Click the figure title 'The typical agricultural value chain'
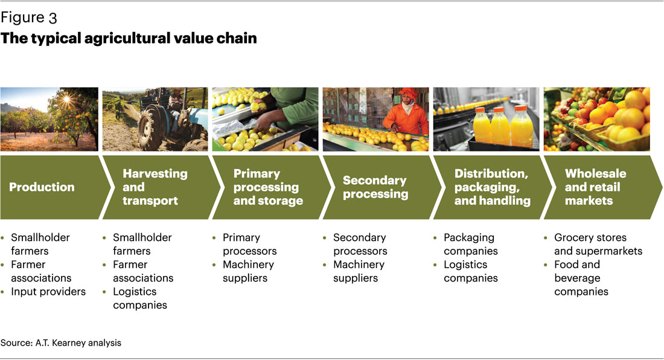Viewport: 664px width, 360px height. [x=129, y=38]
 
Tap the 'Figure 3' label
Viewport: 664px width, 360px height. [x=29, y=18]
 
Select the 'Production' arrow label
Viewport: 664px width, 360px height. [x=42, y=187]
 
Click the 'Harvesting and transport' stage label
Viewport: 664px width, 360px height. [x=155, y=187]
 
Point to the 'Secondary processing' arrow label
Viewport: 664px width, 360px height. [x=375, y=187]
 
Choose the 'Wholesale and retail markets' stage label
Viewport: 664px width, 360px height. [x=595, y=187]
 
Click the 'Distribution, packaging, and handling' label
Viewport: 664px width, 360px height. [x=492, y=187]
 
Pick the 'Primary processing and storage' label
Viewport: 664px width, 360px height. [x=268, y=187]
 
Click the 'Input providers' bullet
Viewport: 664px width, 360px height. [x=48, y=291]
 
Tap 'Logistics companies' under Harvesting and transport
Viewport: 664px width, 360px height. [x=140, y=298]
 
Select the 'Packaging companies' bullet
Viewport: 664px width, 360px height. [x=470, y=244]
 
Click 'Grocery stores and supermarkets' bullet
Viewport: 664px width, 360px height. [x=598, y=244]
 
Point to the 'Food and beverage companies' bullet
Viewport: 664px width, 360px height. [x=581, y=278]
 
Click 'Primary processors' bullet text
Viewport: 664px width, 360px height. [x=249, y=244]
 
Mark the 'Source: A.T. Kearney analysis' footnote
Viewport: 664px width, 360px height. [x=61, y=342]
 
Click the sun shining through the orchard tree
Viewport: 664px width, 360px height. [x=66, y=100]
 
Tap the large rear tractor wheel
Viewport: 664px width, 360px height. [x=152, y=126]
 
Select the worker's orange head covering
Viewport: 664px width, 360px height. [x=408, y=93]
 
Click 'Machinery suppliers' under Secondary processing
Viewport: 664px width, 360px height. [x=359, y=271]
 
